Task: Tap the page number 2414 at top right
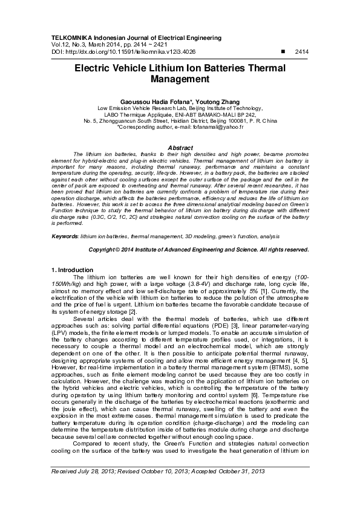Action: coord(301,53)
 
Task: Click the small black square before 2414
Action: coord(283,53)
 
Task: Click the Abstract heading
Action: coord(180,148)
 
